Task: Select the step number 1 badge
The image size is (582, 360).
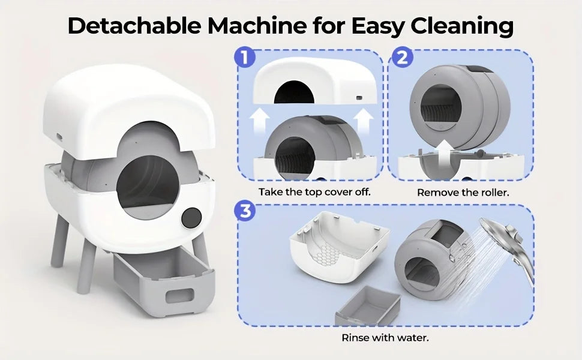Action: [x=245, y=58]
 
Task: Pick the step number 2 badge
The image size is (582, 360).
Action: [x=402, y=58]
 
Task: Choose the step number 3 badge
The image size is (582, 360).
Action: [x=245, y=211]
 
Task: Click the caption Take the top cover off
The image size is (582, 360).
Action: [x=314, y=192]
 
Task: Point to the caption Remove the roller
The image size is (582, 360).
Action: [x=463, y=193]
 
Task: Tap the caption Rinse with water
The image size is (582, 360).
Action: [x=385, y=338]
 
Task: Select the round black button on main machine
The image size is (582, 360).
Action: [x=191, y=218]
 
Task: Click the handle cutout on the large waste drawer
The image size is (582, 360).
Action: [x=180, y=296]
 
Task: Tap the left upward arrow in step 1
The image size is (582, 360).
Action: [x=258, y=121]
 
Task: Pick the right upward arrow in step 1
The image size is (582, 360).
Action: [x=363, y=121]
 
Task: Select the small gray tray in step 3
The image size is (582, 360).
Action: [x=367, y=306]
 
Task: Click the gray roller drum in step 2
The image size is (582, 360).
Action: [x=460, y=105]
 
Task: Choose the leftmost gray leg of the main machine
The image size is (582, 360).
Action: [x=59, y=241]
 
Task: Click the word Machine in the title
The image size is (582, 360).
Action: [x=257, y=26]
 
